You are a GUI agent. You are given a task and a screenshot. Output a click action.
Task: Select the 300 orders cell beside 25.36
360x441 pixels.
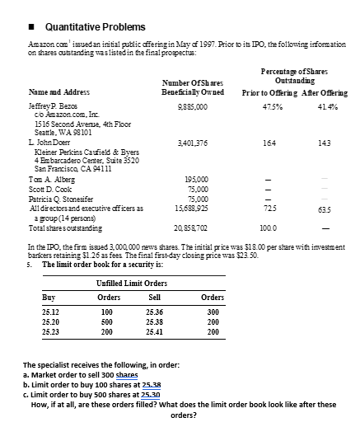point(213,313)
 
